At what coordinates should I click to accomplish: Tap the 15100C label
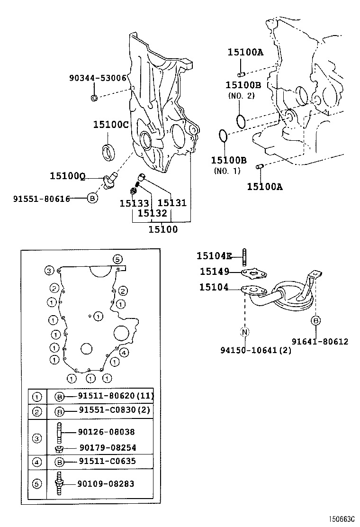pyautogui.click(x=110, y=125)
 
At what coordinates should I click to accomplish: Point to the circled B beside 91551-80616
pyautogui.click(x=93, y=199)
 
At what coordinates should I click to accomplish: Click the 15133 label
pyautogui.click(x=134, y=203)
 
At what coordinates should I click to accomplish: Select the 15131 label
pyautogui.click(x=171, y=203)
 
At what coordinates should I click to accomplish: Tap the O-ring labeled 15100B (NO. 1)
pyautogui.click(x=224, y=136)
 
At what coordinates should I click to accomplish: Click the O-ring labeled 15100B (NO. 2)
pyautogui.click(x=241, y=121)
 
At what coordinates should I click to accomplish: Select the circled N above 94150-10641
pyautogui.click(x=245, y=332)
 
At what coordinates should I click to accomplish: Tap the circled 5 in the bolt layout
pyautogui.click(x=117, y=259)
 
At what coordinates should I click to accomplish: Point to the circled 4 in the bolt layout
pyautogui.click(x=123, y=352)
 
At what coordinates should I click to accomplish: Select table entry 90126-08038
pyautogui.click(x=107, y=432)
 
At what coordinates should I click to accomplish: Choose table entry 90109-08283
pyautogui.click(x=106, y=484)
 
